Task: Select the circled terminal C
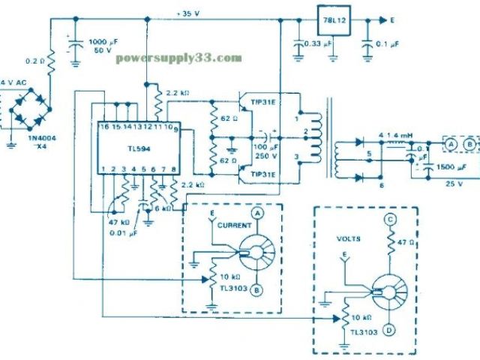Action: click(391, 220)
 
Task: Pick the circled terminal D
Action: click(391, 328)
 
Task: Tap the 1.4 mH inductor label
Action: click(402, 136)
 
